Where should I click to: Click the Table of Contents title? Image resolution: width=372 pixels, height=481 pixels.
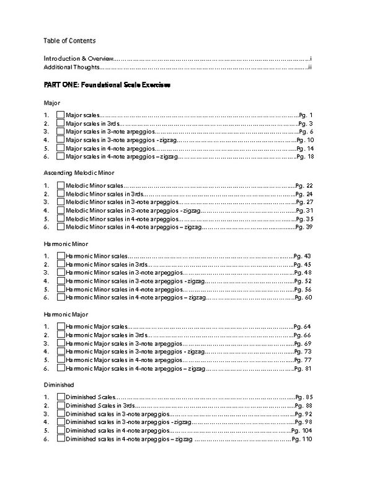(x=69, y=40)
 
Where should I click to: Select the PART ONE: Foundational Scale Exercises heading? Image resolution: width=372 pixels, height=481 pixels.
(x=107, y=83)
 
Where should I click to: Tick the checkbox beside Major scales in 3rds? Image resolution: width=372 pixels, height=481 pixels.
(x=60, y=123)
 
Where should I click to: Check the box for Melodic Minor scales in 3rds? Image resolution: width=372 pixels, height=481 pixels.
(x=60, y=194)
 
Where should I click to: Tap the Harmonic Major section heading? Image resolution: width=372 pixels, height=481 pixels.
(x=66, y=314)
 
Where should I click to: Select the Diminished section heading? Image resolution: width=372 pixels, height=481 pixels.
(x=59, y=384)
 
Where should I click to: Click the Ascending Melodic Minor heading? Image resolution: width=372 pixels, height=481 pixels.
(x=79, y=172)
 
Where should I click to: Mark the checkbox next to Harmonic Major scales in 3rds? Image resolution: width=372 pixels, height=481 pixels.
(x=60, y=335)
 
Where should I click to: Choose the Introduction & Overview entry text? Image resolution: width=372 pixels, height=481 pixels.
(x=78, y=58)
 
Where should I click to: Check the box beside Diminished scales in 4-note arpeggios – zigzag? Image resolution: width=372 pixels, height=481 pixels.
(x=60, y=439)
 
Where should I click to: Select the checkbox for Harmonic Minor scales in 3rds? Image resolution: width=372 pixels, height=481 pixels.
(x=60, y=264)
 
